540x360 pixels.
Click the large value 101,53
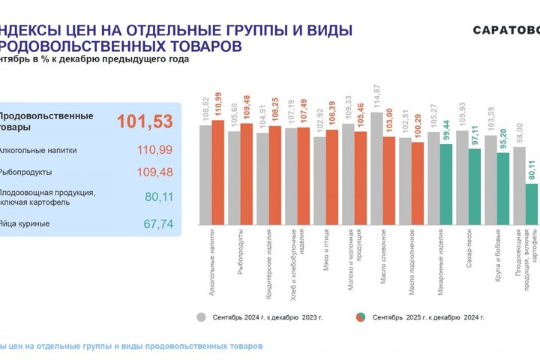point(144,121)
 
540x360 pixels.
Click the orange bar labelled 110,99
point(217,172)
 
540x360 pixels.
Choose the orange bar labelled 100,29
point(417,183)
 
